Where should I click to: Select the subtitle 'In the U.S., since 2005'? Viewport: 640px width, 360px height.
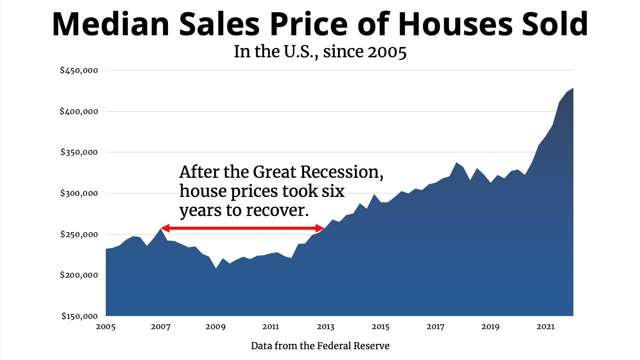pos(320,51)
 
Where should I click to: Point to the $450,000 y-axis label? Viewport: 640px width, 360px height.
pos(79,71)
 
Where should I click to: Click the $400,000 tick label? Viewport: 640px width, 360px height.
pos(79,112)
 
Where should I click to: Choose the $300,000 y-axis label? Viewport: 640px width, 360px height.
pos(79,193)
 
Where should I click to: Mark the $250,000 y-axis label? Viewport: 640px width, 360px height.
pos(79,235)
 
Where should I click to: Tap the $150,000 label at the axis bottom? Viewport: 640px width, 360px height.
pos(79,316)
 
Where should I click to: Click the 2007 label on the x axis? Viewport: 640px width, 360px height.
pos(161,326)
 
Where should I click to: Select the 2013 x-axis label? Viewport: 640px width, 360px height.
pos(326,326)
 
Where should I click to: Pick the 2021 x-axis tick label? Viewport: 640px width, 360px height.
pos(546,326)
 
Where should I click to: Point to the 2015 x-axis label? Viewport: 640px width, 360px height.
pos(380,326)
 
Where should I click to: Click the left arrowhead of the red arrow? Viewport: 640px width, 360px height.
pos(165,228)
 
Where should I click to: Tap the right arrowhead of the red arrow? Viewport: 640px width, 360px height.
pos(321,228)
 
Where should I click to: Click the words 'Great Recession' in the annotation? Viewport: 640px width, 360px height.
pos(321,172)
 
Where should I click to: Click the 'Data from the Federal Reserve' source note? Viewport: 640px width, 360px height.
pos(320,346)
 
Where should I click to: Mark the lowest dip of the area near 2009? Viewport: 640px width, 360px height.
pos(216,268)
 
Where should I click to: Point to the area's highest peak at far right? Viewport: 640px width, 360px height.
pos(572,89)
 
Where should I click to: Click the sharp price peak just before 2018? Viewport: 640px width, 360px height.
pos(456,163)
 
